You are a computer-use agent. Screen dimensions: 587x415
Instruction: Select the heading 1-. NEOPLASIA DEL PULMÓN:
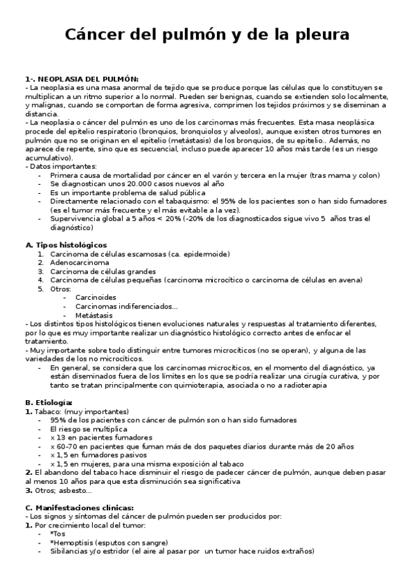(82, 79)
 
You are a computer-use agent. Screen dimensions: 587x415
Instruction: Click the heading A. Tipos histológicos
(66, 245)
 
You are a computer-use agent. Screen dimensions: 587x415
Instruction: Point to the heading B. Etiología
(48, 402)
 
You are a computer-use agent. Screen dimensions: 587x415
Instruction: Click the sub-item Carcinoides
(97, 298)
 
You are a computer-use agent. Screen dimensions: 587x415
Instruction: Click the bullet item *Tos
(58, 534)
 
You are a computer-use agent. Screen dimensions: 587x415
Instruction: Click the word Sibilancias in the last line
(72, 552)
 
